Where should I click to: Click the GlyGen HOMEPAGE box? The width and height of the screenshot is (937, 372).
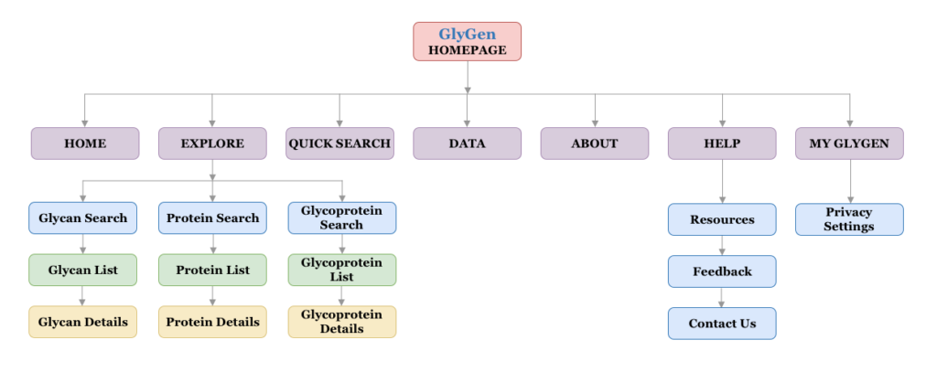(467, 42)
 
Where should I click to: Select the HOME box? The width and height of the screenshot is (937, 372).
(85, 143)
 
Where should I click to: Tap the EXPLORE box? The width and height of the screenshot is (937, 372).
(212, 143)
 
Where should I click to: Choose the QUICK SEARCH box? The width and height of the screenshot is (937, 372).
(339, 143)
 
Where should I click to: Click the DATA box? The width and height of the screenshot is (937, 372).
(467, 143)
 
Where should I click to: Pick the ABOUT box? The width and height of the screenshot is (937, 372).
(594, 143)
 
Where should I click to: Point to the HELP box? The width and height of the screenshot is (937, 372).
(722, 143)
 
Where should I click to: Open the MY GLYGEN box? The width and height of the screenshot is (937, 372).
(849, 143)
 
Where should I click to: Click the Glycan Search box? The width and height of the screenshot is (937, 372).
(83, 218)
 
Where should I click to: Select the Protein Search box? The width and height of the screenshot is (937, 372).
(212, 218)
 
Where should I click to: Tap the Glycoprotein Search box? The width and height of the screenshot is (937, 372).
(341, 218)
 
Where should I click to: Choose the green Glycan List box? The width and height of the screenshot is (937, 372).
(83, 271)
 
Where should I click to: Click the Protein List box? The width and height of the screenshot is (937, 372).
(212, 271)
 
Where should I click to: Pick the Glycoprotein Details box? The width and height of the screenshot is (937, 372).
(341, 322)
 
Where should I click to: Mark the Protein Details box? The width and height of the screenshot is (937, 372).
(212, 322)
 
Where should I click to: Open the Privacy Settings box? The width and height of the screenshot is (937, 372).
(849, 219)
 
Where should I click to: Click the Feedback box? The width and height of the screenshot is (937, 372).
(722, 271)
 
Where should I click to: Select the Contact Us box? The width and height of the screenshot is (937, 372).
(722, 324)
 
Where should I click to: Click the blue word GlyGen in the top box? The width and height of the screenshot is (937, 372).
(467, 35)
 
